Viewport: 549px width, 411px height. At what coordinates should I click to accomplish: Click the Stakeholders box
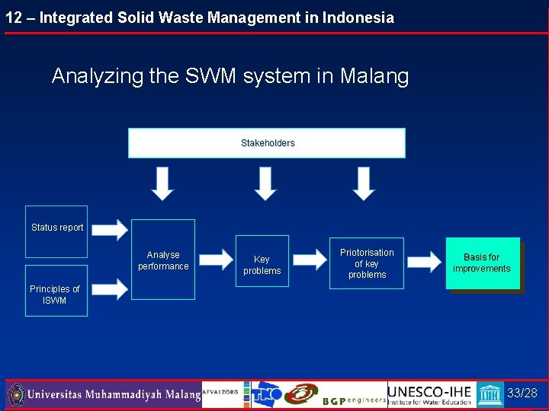(267, 143)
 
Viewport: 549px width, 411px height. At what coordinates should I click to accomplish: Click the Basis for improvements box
(482, 263)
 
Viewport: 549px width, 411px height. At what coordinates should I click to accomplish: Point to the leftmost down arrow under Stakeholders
(162, 183)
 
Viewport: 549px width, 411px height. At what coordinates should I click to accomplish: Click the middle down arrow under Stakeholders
(265, 183)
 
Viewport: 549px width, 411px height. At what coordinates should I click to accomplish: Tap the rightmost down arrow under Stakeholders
(364, 183)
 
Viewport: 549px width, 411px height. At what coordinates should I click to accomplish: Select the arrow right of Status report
(111, 228)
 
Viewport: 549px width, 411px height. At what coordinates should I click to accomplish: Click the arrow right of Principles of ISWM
(111, 288)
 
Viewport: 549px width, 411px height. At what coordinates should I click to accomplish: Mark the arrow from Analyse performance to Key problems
(214, 260)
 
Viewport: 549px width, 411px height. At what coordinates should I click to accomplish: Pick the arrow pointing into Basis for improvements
(424, 261)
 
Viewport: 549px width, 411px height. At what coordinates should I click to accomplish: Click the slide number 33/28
(522, 393)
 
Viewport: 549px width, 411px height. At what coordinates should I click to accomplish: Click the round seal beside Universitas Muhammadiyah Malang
(16, 394)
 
